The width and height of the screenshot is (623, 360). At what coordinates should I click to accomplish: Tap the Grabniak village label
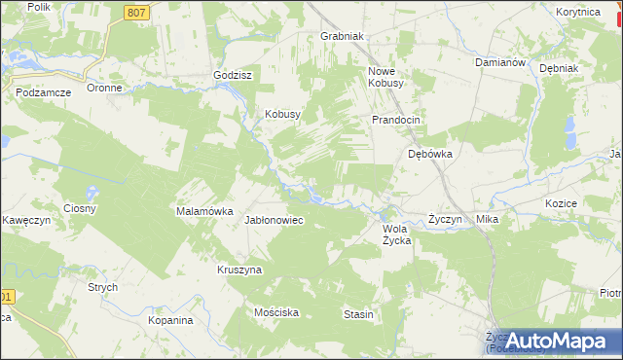pyautogui.click(x=342, y=36)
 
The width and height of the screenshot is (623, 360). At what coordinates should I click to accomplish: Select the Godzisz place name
pyautogui.click(x=233, y=75)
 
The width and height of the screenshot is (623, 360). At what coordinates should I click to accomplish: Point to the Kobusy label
pyautogui.click(x=283, y=114)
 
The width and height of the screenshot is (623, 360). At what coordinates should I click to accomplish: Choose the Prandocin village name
pyautogui.click(x=395, y=120)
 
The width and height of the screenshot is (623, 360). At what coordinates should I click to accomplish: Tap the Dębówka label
pyautogui.click(x=429, y=154)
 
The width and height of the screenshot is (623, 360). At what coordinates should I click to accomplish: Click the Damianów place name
pyautogui.click(x=500, y=62)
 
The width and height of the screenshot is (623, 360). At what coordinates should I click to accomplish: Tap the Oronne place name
pyautogui.click(x=104, y=88)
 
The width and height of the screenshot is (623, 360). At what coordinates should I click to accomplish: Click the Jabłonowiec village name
pyautogui.click(x=275, y=220)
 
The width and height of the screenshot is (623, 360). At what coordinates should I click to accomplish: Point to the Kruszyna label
pyautogui.click(x=239, y=270)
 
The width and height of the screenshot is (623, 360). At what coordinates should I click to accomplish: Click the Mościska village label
pyautogui.click(x=275, y=312)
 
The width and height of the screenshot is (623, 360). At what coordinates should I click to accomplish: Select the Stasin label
pyautogui.click(x=358, y=314)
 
